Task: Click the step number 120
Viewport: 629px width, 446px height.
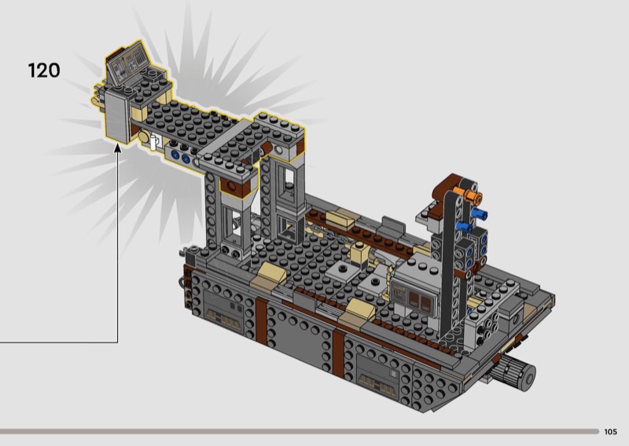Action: [44, 71]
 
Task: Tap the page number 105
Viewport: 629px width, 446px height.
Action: [610, 432]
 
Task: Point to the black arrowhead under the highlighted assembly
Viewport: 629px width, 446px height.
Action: [117, 148]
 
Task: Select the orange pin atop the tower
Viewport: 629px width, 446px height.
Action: [473, 197]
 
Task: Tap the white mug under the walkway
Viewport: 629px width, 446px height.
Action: [153, 141]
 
